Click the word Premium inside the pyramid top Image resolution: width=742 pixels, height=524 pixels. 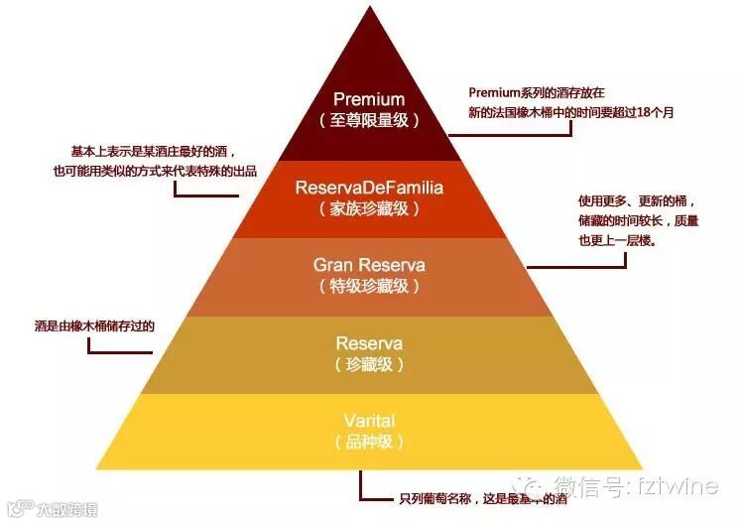pos(369,99)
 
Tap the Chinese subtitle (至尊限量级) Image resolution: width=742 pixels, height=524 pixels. pos(369,119)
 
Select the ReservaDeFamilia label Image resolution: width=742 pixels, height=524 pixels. pos(369,188)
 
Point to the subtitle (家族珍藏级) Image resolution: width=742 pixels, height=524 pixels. pos(369,208)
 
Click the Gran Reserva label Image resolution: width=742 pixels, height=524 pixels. pos(369,265)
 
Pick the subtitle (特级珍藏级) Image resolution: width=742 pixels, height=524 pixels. pos(369,286)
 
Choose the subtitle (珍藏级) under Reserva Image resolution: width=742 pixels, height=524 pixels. pos(369,364)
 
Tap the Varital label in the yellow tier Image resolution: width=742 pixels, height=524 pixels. pos(369,420)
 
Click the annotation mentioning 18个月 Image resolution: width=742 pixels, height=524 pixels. pos(571,112)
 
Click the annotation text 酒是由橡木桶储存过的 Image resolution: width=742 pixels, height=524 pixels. pos(94,325)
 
